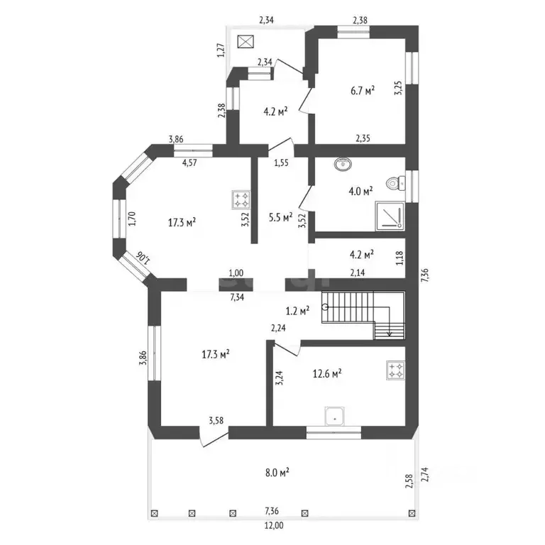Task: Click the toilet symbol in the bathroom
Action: pos(396,183)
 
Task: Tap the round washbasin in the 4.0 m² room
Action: pos(343,164)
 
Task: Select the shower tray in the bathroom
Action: pos(390,216)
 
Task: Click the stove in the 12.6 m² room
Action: pos(396,370)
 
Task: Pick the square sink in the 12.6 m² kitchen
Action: pos(335,416)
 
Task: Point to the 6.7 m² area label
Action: pos(363,91)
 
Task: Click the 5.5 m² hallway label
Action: pos(280,217)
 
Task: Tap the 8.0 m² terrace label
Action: pos(277,473)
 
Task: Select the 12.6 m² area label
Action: pos(327,374)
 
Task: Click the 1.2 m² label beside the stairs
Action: pos(297,311)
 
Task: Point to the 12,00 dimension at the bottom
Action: pos(274,526)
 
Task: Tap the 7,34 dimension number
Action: pos(237,297)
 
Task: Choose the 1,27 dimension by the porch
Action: pos(221,50)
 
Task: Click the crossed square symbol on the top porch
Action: pos(246,42)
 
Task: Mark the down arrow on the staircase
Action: pos(390,324)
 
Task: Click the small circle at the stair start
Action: pos(324,307)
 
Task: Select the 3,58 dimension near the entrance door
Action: pos(216,421)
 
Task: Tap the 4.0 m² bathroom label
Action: pos(360,192)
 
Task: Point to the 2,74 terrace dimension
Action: pos(425,475)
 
